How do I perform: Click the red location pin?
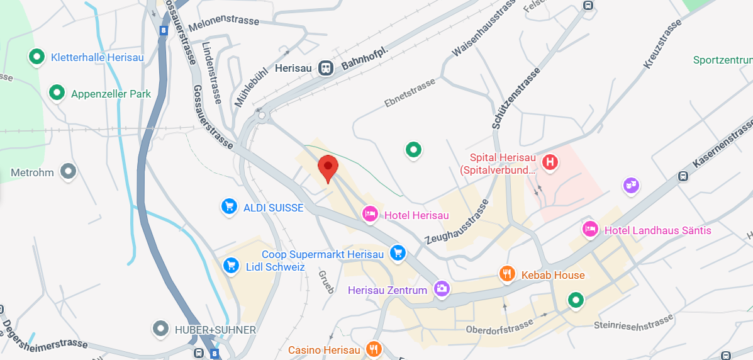pos(328,167)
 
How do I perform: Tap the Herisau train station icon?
pos(326,67)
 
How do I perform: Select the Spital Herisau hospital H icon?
pos(550,162)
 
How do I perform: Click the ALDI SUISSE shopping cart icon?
pos(229,206)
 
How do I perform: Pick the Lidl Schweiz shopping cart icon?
pos(231,265)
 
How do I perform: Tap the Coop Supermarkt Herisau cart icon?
pos(397,253)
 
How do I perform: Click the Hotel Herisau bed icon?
pos(371,215)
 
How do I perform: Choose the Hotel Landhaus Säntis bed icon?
pos(590,229)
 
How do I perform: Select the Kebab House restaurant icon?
pos(507,274)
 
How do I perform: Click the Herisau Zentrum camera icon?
pos(442,289)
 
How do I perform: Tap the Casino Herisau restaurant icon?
pos(374,349)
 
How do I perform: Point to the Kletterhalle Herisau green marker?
pos(36,57)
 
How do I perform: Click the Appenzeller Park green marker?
pos(57,93)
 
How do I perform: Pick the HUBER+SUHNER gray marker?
pos(162,329)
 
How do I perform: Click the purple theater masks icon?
pos(631,185)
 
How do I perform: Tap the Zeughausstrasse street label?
pos(457,222)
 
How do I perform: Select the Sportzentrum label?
pos(722,60)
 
